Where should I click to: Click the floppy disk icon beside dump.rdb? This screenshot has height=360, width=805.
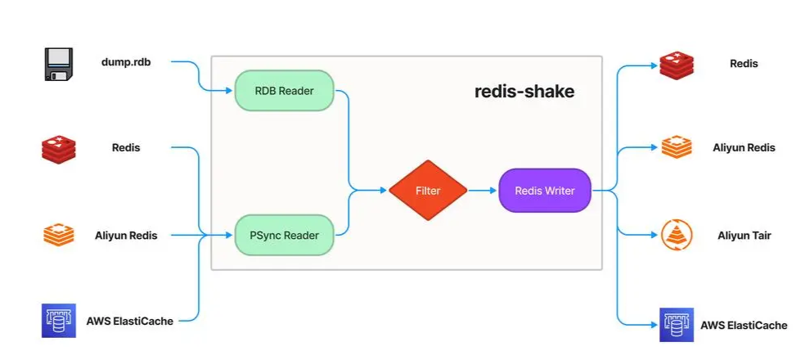coord(58,64)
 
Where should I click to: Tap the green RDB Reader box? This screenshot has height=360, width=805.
coord(285,91)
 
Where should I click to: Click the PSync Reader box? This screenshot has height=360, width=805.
coord(285,235)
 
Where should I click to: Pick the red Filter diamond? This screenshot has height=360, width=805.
coord(427,191)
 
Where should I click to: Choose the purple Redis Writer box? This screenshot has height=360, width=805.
coord(544,191)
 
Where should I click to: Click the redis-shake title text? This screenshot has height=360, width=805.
coord(524,91)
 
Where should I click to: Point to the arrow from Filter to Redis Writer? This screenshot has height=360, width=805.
coord(483,191)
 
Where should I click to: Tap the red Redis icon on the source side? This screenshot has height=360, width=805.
coord(58,149)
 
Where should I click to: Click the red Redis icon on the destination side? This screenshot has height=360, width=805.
coord(677,65)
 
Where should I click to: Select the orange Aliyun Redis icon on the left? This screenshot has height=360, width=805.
coord(58,235)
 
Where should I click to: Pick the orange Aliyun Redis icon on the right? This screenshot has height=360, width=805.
coord(677,148)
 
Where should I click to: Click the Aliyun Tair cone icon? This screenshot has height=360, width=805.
coord(677,236)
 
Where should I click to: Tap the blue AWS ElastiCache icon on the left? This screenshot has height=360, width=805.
coord(58,320)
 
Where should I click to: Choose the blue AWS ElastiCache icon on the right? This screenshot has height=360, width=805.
coord(677,325)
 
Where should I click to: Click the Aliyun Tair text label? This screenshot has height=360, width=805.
coord(744,236)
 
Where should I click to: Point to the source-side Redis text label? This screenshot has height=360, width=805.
coord(126,148)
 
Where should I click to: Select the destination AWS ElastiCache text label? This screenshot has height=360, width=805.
coord(744,325)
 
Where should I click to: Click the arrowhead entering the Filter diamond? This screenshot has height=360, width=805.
coord(383,191)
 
